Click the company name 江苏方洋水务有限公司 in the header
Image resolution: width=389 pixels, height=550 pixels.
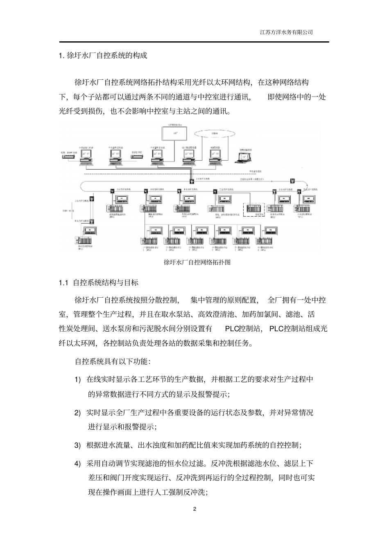point(286,32)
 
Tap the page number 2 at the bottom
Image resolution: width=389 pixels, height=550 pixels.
point(194,509)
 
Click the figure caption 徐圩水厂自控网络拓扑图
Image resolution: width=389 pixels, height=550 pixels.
point(197,262)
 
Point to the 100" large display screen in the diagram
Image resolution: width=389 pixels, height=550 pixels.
point(175,133)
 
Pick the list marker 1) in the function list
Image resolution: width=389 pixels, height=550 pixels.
point(77,379)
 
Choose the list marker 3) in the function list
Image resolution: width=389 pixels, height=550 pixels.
point(77,445)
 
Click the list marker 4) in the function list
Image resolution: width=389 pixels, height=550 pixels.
point(77,464)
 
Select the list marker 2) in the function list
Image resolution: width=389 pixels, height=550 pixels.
point(77,413)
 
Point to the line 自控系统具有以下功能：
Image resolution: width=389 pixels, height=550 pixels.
point(113,361)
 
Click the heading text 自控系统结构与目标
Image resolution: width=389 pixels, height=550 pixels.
point(106,283)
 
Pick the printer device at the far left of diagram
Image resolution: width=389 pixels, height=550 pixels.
point(68,155)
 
